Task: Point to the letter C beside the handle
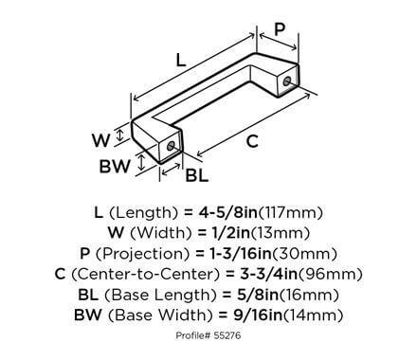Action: (x=251, y=141)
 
